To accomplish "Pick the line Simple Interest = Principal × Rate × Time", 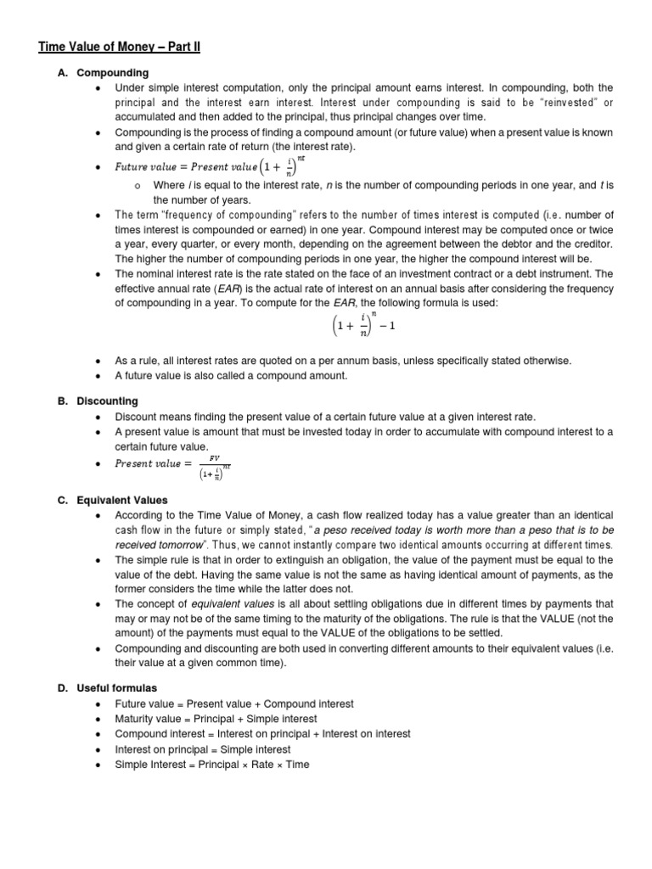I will [212, 765].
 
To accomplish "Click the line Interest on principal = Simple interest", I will [203, 749].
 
